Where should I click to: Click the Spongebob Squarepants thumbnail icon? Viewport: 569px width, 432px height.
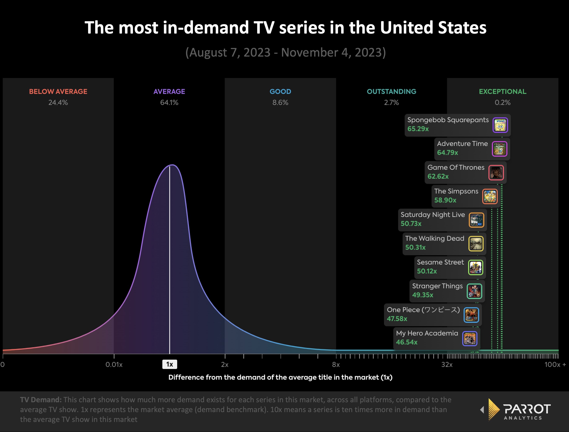(x=500, y=125)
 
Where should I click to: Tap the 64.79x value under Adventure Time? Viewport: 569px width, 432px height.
(x=447, y=153)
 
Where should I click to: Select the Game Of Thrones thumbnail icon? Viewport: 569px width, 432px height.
(x=496, y=173)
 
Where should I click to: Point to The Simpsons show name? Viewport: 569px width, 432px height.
(x=456, y=191)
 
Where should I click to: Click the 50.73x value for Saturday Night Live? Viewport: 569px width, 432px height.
(x=411, y=224)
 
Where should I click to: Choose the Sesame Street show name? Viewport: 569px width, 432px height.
(x=440, y=262)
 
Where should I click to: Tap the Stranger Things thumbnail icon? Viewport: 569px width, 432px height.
(x=474, y=291)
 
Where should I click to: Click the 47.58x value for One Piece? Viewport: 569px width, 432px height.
(x=397, y=319)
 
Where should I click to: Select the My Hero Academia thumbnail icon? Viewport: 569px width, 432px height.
(x=470, y=338)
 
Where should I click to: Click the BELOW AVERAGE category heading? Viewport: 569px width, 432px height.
(x=58, y=92)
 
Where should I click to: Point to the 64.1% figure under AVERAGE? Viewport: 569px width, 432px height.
(x=169, y=103)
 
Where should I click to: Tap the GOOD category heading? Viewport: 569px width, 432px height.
(x=280, y=92)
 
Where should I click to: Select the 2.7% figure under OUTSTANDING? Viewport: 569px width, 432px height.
(x=391, y=103)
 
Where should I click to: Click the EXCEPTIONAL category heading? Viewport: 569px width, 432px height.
(x=502, y=92)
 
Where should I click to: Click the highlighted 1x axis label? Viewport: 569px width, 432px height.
(x=169, y=364)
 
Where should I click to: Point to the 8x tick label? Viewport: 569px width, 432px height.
(x=336, y=365)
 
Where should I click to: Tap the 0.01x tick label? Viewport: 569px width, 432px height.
(x=114, y=365)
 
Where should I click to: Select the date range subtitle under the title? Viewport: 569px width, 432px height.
(x=286, y=53)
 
